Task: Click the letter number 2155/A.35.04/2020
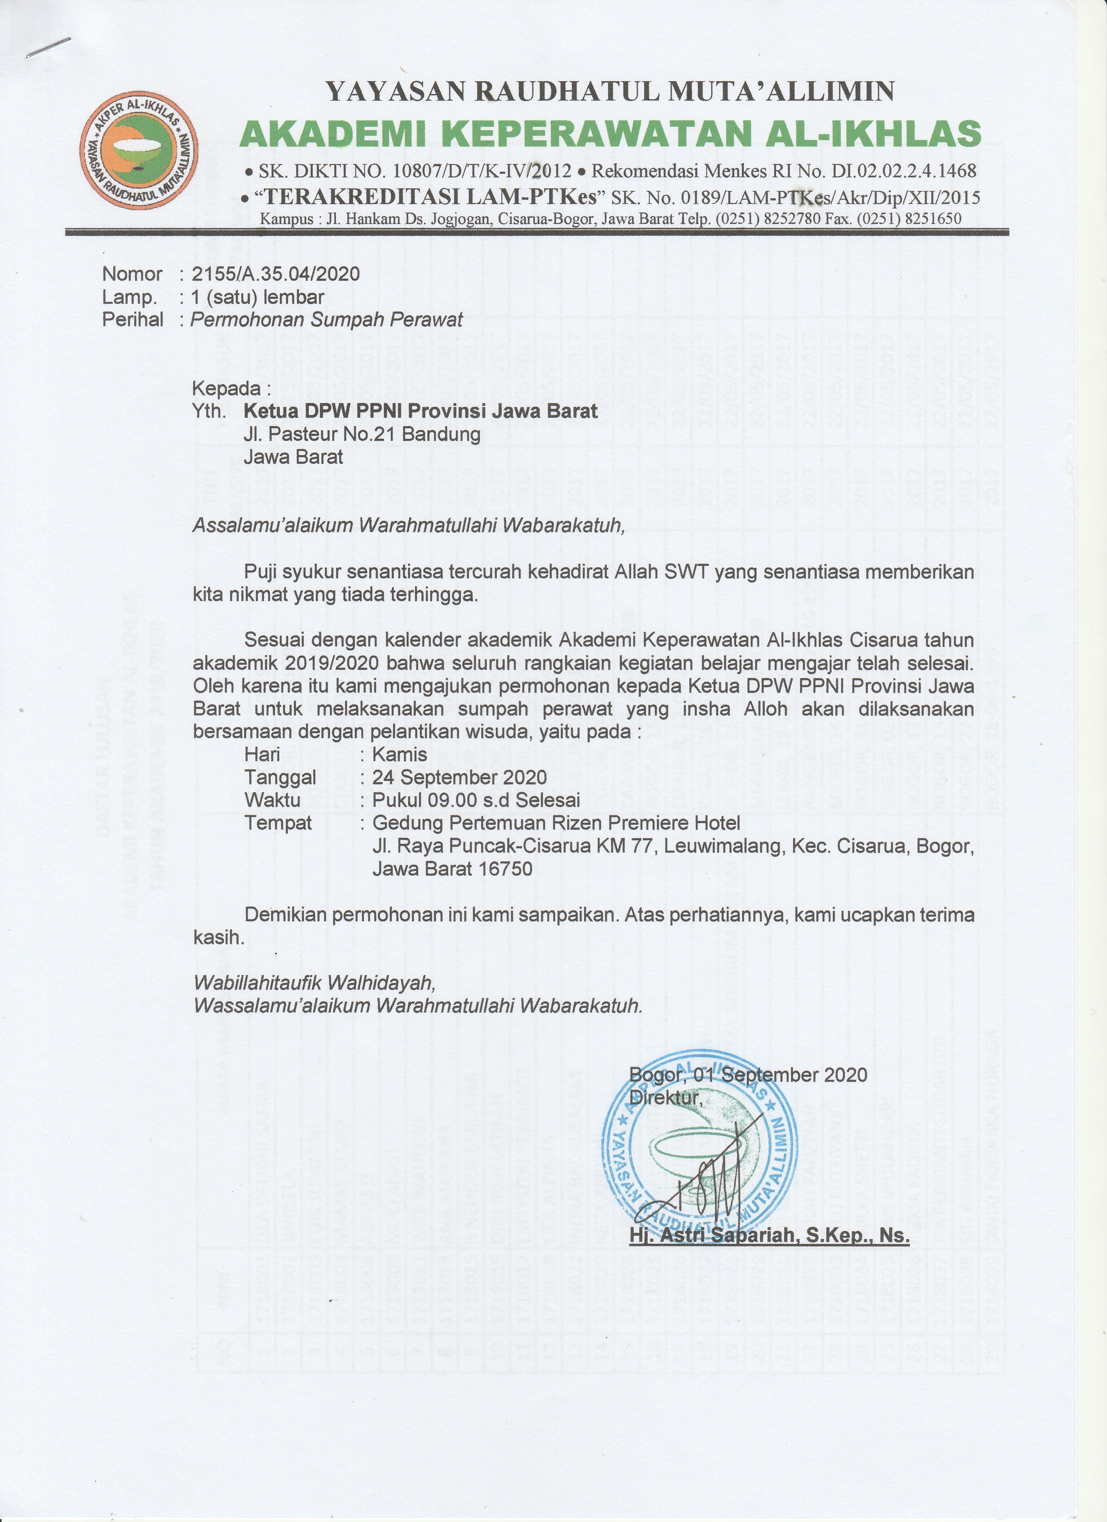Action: tap(275, 274)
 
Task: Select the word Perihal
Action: tap(132, 319)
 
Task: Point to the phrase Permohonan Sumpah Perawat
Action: tap(327, 319)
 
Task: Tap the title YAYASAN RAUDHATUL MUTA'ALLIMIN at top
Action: tap(609, 91)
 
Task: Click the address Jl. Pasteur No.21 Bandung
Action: tap(362, 434)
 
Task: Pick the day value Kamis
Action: tap(400, 754)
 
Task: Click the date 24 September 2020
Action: tap(459, 777)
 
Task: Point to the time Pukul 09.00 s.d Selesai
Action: tap(476, 800)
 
